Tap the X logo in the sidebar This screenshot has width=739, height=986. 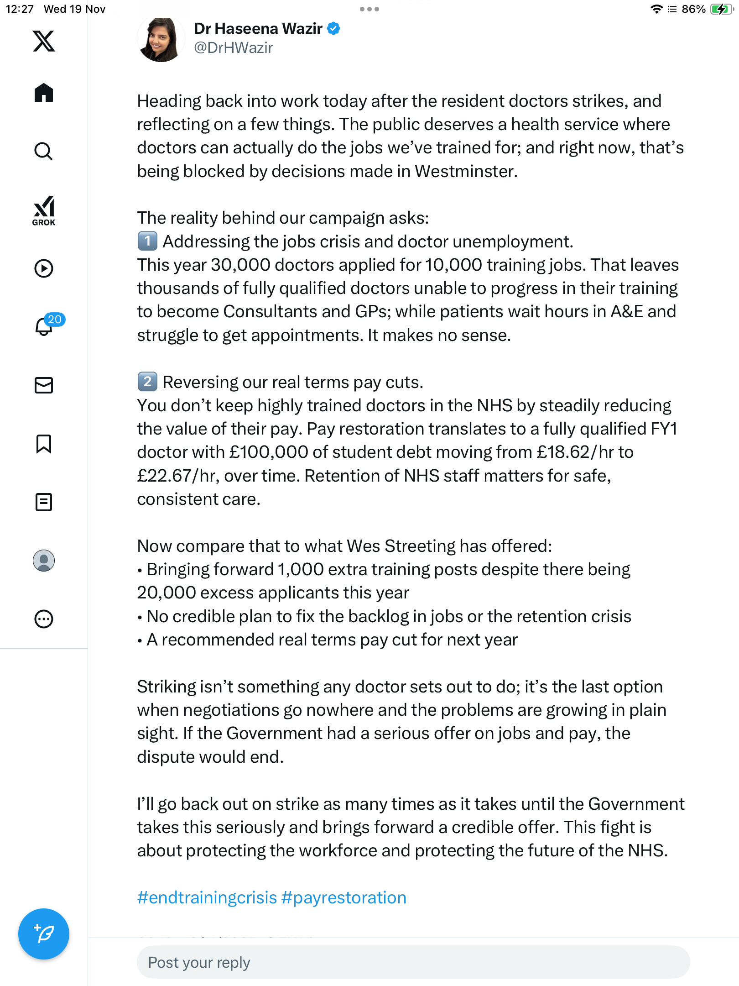44,41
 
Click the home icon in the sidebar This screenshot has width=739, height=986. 44,93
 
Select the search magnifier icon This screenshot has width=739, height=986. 44,151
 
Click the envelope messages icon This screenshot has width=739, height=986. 44,385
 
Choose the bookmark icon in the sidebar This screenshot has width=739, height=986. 44,444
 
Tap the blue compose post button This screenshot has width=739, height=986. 44,934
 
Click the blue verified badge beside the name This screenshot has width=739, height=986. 334,28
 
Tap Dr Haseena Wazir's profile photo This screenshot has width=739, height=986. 161,40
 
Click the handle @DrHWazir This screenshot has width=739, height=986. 234,48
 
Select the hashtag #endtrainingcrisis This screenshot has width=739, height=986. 207,897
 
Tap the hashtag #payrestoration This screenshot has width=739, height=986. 344,897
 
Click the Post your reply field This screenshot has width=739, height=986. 413,962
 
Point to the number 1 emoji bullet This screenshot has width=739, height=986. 147,241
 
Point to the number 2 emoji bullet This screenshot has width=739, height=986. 147,382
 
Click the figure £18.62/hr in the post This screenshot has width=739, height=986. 575,452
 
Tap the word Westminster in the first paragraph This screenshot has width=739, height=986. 465,172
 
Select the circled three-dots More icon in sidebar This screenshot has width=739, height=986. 44,619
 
